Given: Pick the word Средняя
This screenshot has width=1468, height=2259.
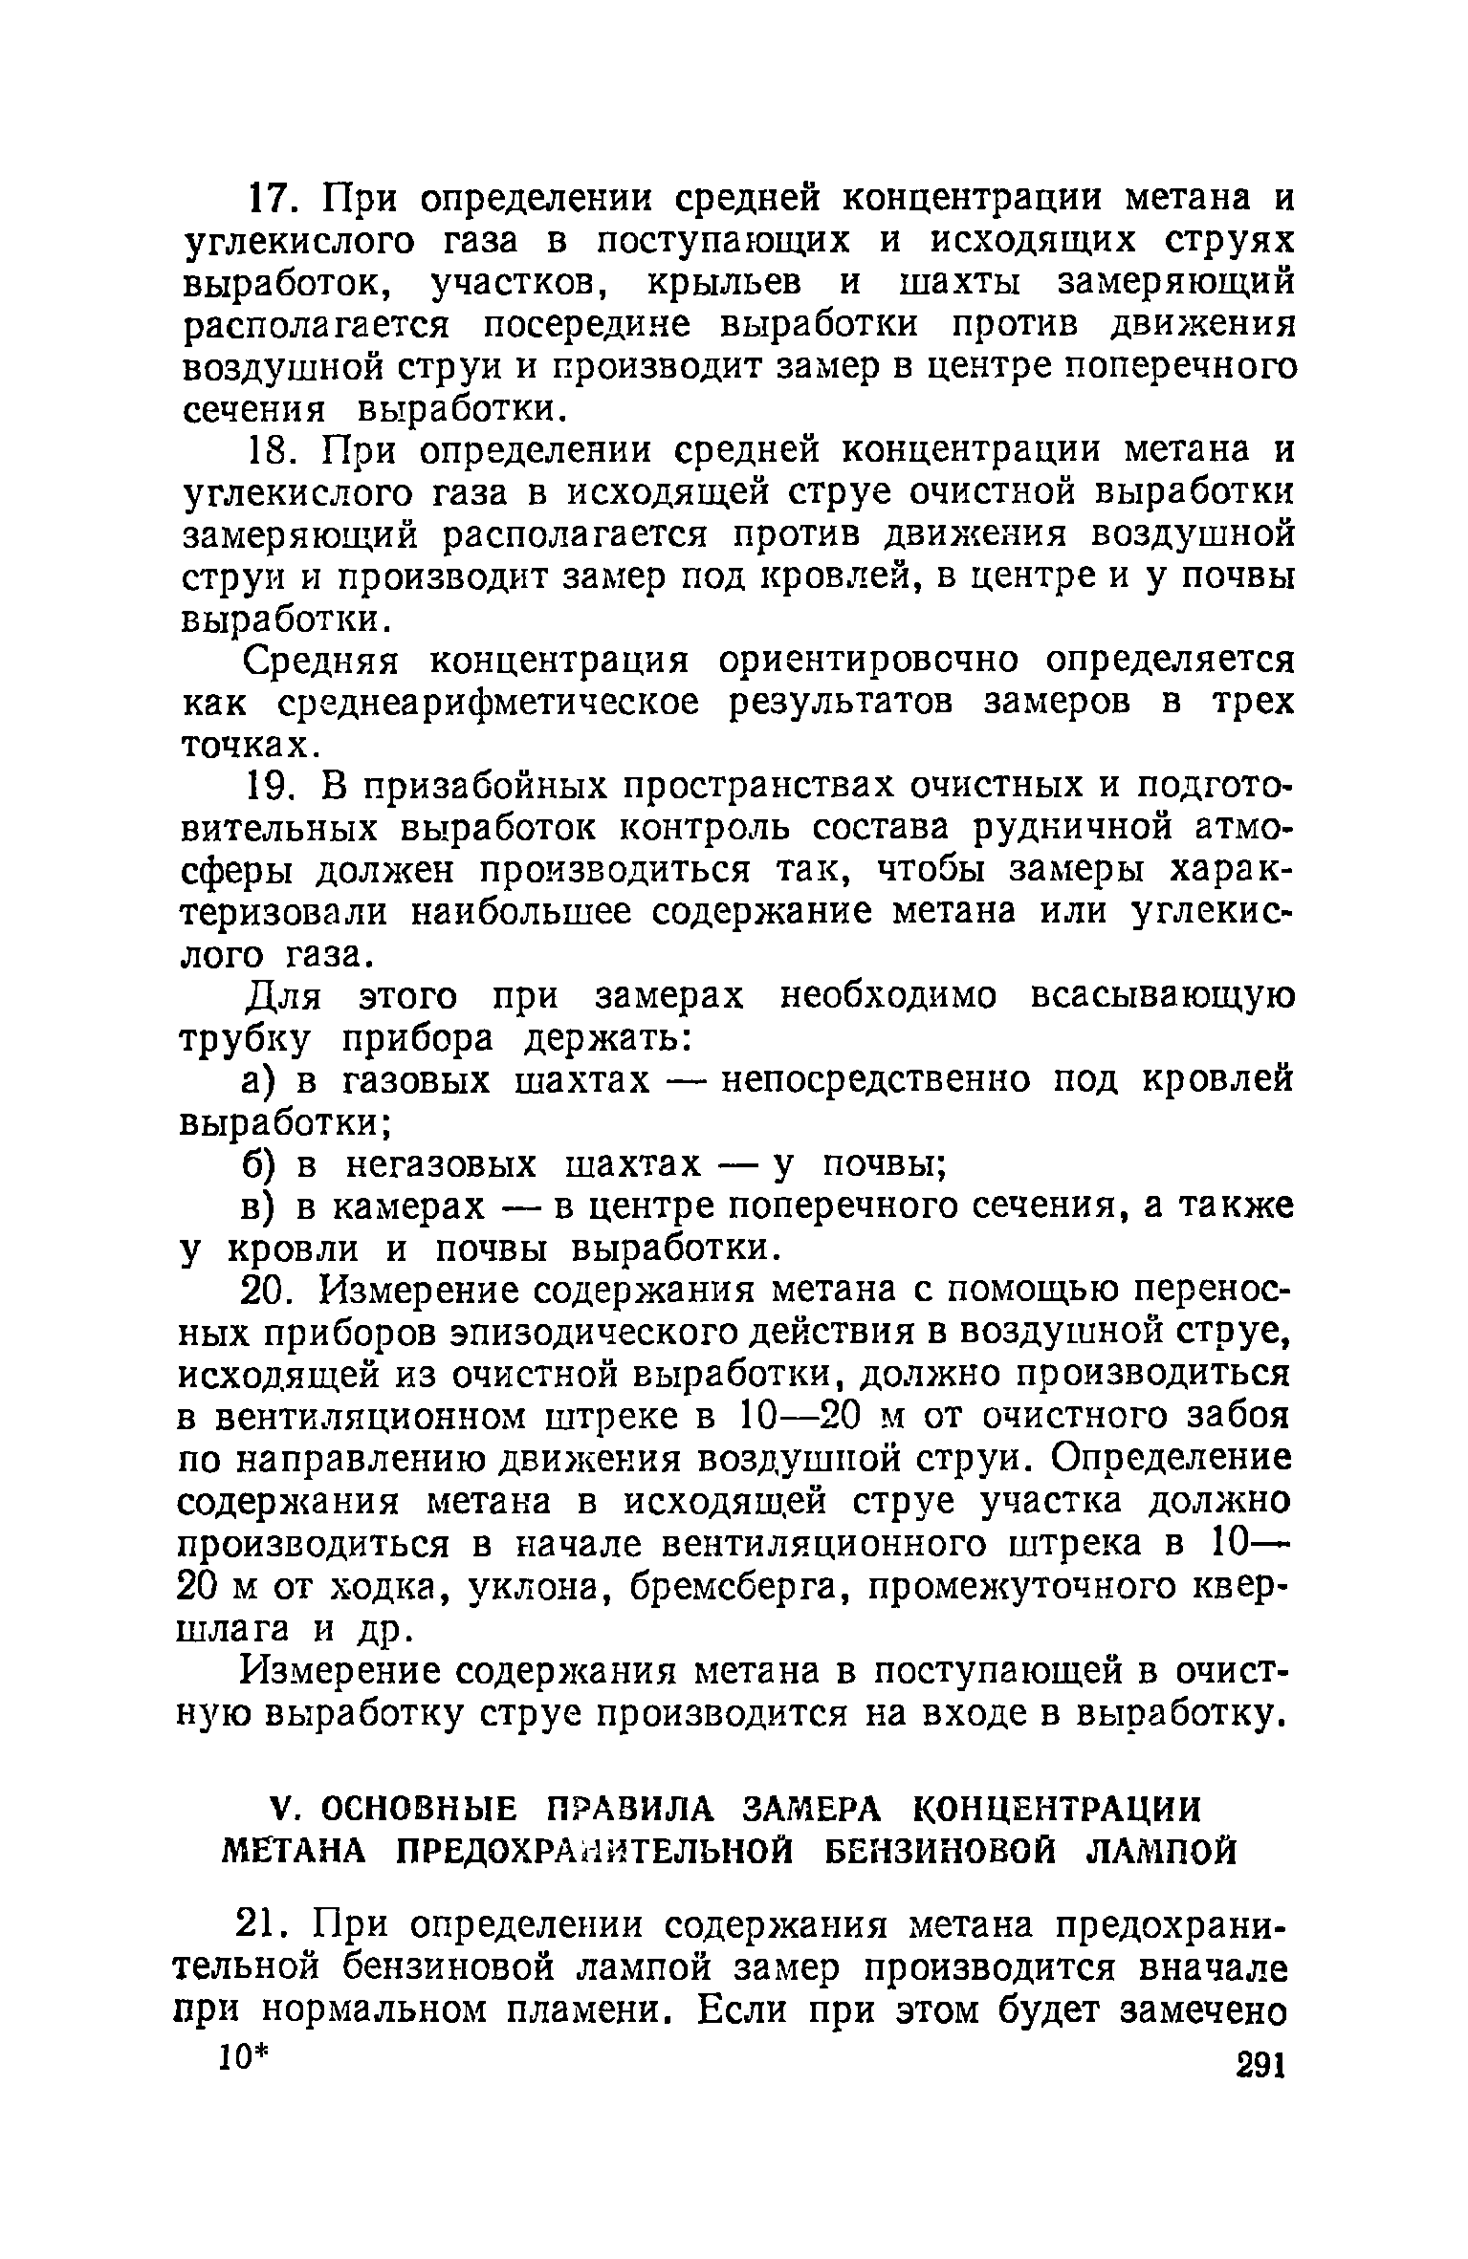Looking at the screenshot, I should coord(325,660).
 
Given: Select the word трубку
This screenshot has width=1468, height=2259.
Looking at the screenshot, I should coord(245,1038).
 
